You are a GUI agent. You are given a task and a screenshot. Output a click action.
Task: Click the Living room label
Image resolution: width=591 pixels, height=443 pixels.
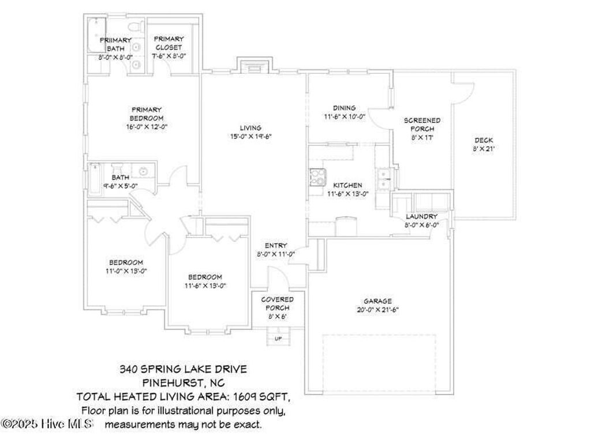click(x=250, y=128)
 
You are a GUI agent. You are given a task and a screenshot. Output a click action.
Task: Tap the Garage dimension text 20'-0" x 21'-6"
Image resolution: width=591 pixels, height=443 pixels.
click(x=377, y=310)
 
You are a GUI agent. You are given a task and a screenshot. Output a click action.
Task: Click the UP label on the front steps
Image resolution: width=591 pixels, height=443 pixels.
click(x=278, y=339)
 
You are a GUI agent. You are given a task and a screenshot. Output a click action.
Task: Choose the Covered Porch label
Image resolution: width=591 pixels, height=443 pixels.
click(x=277, y=303)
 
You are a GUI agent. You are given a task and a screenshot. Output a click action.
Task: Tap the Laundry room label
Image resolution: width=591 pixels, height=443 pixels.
click(x=421, y=216)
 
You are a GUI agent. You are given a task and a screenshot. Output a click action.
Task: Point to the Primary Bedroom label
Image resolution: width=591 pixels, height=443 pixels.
click(x=146, y=113)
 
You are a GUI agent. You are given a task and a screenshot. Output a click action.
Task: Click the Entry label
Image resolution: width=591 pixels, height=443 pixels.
click(x=276, y=245)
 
